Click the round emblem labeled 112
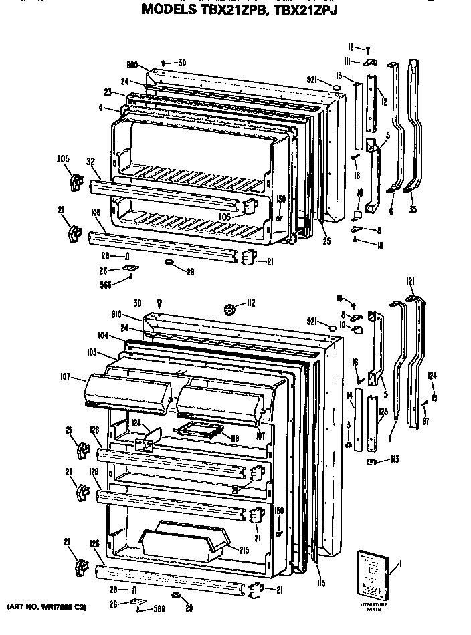click(x=229, y=309)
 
